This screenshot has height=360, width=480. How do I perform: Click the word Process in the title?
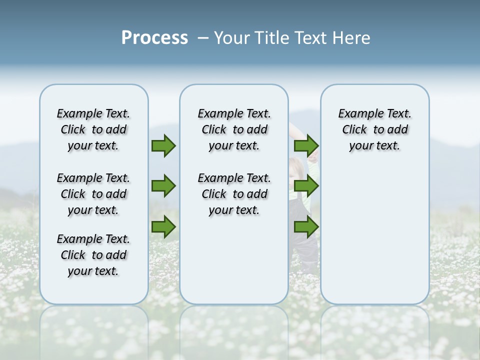click(x=154, y=38)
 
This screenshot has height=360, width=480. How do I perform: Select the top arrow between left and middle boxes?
click(x=163, y=145)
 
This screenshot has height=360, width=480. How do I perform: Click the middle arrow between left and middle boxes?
click(x=163, y=186)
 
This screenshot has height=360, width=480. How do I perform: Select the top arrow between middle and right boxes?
click(x=306, y=145)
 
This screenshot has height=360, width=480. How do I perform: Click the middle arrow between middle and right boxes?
click(x=306, y=186)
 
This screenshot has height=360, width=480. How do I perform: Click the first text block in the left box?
click(x=93, y=129)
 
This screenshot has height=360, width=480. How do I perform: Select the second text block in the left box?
click(x=93, y=194)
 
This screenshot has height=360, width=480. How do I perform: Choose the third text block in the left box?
click(x=93, y=255)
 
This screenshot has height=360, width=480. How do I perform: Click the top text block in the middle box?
click(x=234, y=129)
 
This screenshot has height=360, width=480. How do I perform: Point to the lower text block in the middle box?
click(x=234, y=194)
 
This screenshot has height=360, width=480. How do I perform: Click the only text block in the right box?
click(x=374, y=129)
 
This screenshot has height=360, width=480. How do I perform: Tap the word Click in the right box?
click(x=354, y=130)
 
